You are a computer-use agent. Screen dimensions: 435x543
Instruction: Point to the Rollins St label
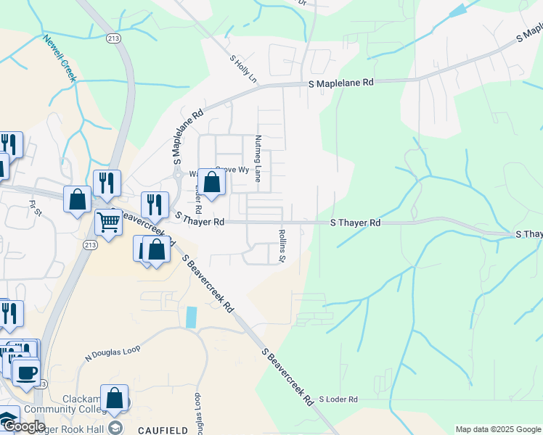point(282,246)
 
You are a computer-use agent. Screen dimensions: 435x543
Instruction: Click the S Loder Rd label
point(338,399)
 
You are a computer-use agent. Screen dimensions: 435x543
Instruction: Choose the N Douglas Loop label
point(112,353)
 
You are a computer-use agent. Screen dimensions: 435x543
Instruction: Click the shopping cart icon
point(108,221)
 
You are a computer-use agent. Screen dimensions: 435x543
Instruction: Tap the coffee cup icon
point(27,373)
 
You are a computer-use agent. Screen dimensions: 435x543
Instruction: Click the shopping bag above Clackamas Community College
point(114,397)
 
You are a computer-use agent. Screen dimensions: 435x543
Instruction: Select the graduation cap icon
point(115,428)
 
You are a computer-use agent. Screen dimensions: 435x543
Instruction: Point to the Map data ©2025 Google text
point(498,429)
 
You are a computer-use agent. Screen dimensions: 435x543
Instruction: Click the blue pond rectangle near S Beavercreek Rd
point(191,317)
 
